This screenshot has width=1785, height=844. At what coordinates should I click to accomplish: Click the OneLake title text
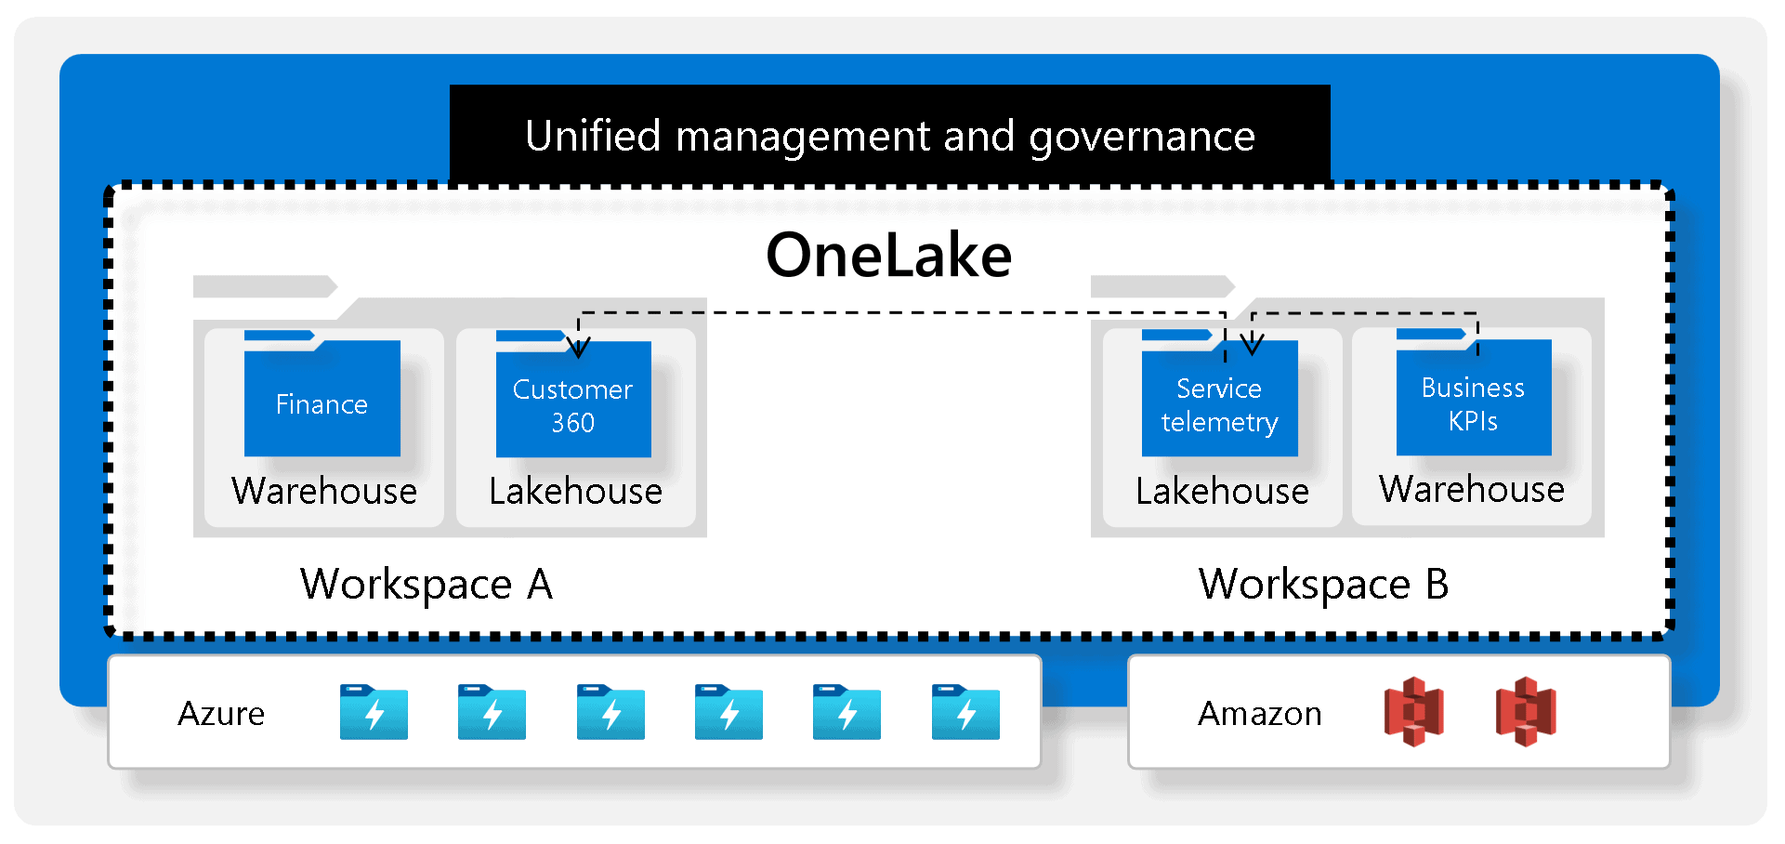point(888,255)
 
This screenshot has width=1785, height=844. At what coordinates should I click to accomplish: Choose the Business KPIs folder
point(1473,400)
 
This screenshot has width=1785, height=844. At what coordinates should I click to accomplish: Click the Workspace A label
point(427,585)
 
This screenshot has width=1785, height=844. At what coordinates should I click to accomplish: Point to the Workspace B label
point(1323,585)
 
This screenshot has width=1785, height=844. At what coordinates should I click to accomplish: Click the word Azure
point(221,714)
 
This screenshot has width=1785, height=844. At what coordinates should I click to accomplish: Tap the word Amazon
point(1259,714)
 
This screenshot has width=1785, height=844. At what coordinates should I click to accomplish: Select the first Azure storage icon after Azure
point(374,712)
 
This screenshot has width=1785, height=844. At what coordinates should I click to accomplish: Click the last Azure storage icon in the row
point(965,712)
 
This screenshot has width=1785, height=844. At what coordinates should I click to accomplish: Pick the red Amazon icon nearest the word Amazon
point(1413,712)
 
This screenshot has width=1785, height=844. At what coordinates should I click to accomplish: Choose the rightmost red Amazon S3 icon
point(1526,712)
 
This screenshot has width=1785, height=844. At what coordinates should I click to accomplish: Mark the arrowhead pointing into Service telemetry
point(1252,346)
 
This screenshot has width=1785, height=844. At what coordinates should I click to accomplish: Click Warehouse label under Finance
point(324,491)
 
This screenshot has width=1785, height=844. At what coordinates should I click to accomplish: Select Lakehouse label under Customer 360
point(575,491)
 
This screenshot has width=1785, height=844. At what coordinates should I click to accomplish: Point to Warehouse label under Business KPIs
point(1472,489)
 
